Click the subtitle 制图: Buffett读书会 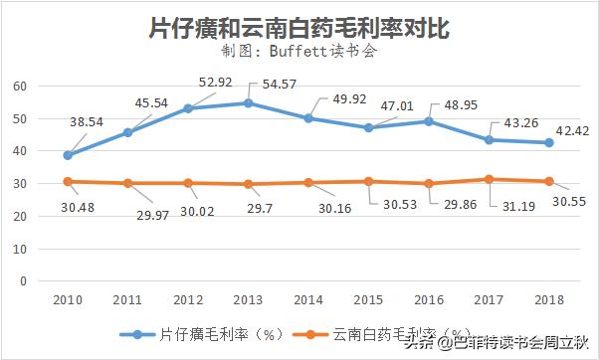tap(299, 53)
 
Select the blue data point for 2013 tap(248, 102)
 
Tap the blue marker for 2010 tap(67, 155)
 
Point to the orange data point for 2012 tap(187, 183)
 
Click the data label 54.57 tap(281, 85)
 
